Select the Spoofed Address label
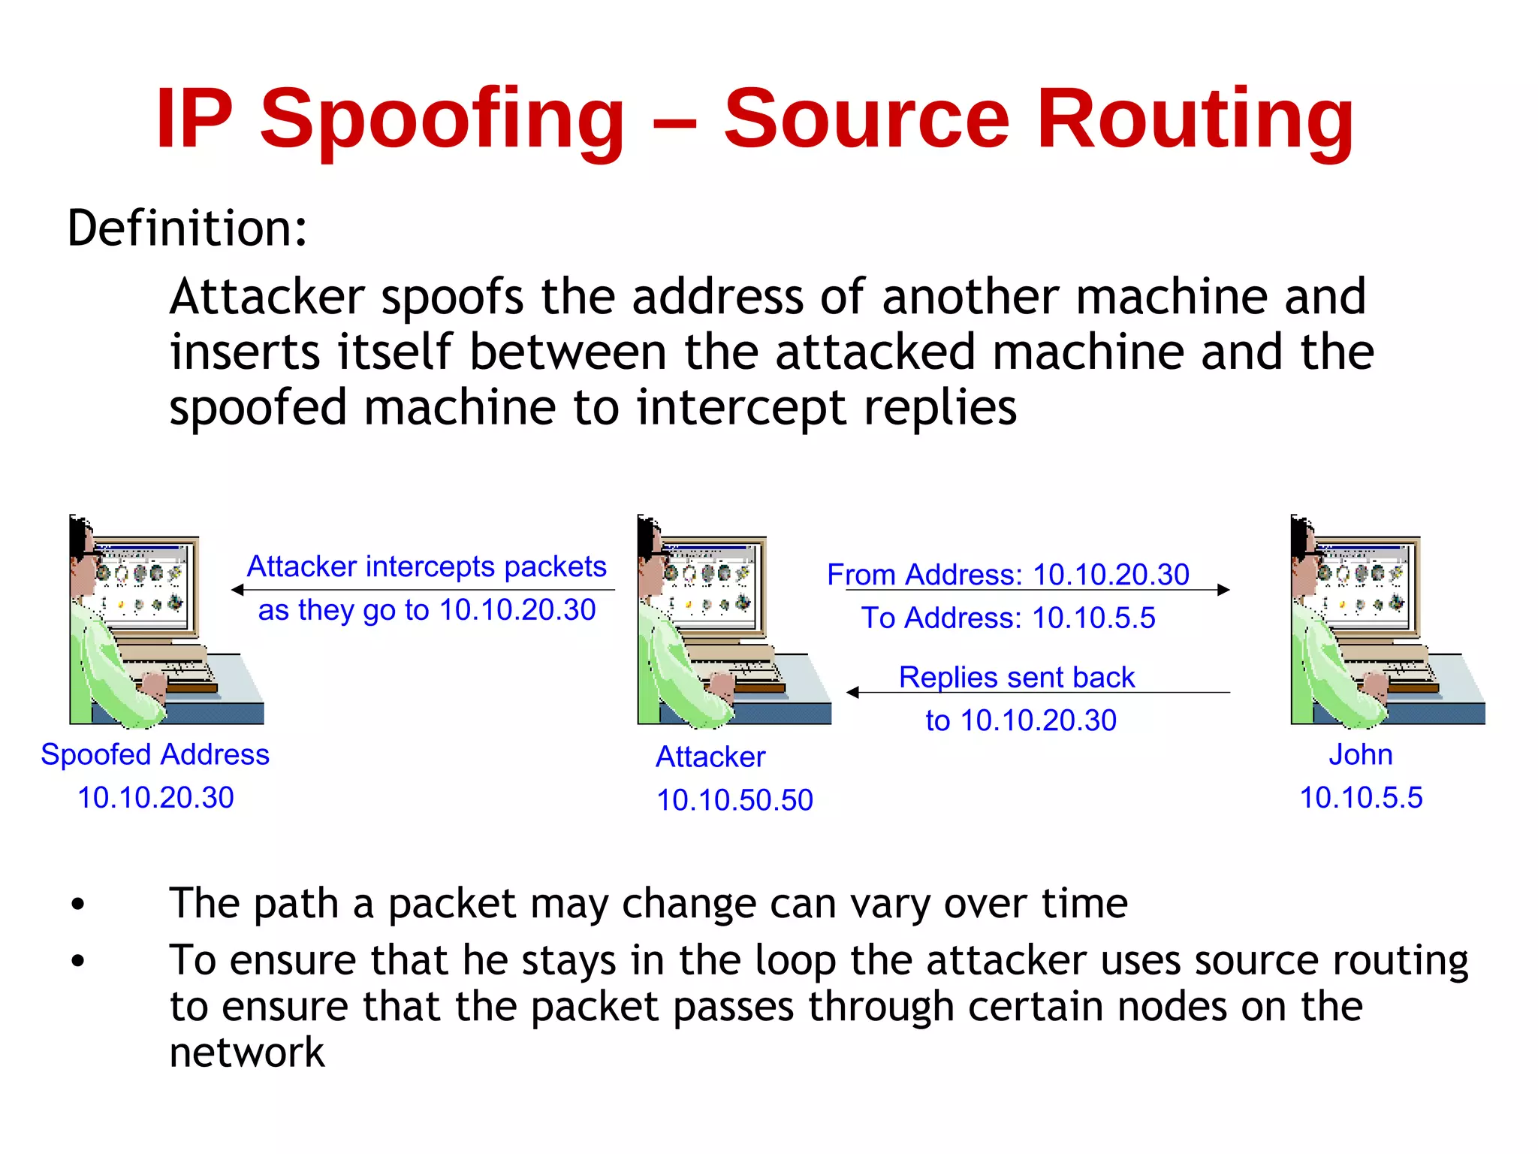click(155, 754)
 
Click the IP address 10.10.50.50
click(734, 800)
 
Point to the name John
click(1361, 754)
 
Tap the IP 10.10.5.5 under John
click(1361, 798)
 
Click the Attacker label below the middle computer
click(710, 757)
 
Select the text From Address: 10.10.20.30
click(1008, 575)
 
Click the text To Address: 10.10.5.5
click(1008, 618)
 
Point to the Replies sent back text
click(1017, 677)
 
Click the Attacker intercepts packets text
click(427, 566)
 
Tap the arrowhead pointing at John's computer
click(1223, 590)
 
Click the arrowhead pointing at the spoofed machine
click(238, 590)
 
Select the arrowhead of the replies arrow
click(853, 692)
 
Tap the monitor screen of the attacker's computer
click(710, 582)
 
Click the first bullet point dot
click(78, 905)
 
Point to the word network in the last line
click(247, 1052)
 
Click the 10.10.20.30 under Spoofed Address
click(155, 798)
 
